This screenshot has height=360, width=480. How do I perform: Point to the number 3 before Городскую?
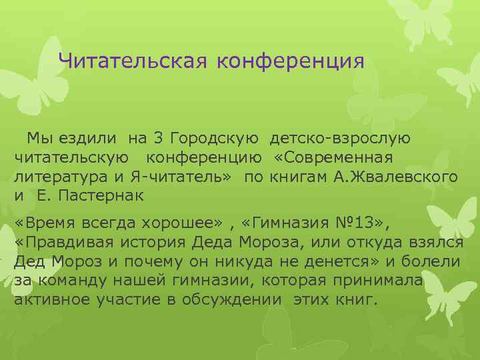pos(158,139)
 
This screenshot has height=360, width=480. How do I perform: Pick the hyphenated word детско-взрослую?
pos(340,139)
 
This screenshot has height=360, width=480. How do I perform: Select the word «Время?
pos(46,223)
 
